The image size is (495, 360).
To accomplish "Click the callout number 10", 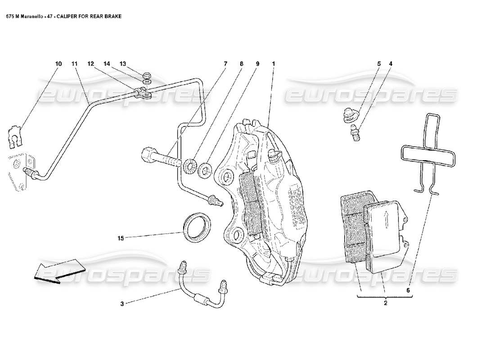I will [x=58, y=64].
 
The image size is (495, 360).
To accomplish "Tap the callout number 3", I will [x=121, y=304].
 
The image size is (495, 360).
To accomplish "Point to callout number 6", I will [x=409, y=290].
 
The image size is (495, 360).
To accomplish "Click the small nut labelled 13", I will [x=146, y=75].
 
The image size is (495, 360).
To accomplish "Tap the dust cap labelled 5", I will [x=347, y=115].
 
